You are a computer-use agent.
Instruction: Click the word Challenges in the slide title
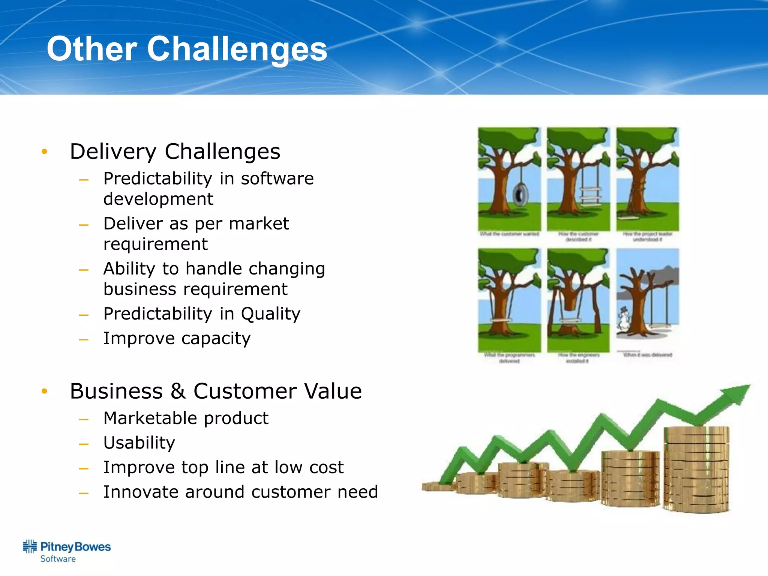(237, 49)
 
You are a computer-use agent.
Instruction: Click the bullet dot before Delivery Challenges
(45, 151)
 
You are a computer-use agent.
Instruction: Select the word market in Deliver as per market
(259, 224)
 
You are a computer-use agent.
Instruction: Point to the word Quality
(270, 314)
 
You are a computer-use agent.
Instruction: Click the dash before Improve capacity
(84, 339)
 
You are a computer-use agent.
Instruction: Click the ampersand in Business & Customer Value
(178, 391)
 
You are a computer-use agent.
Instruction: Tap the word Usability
(139, 443)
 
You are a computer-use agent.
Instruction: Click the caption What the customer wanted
(509, 234)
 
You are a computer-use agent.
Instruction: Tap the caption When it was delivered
(647, 355)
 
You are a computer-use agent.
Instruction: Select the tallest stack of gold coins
(696, 469)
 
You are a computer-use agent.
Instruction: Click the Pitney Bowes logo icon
(30, 547)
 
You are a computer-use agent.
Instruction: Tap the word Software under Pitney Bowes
(58, 559)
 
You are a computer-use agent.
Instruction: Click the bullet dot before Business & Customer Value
(45, 391)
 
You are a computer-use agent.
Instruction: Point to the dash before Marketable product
(84, 419)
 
